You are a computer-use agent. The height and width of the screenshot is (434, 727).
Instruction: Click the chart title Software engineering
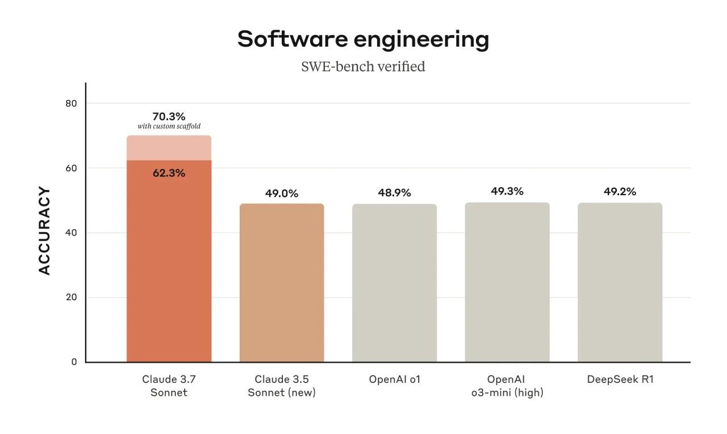tap(363, 39)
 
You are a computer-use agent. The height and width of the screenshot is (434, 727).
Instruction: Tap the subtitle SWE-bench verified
tap(363, 67)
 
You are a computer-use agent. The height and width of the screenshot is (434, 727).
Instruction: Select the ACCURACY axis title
tap(45, 231)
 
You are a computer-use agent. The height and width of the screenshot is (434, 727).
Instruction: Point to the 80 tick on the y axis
tap(70, 104)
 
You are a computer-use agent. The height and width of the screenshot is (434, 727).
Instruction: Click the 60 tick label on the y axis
tap(70, 168)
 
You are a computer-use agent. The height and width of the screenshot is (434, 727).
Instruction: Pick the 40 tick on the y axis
tap(70, 233)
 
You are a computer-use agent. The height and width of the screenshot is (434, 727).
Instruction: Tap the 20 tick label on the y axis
tap(70, 297)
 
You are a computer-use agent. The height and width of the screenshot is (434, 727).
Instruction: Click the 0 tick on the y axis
tap(74, 362)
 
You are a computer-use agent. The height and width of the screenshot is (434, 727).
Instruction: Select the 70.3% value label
tap(169, 116)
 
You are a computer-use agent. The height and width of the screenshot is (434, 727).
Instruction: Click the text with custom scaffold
tap(169, 126)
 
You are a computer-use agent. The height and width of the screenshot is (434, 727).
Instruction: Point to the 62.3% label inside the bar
tap(169, 173)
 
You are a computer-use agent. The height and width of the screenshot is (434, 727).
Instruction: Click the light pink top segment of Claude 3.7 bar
tap(169, 148)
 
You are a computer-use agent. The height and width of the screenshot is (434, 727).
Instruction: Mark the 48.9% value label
tap(394, 193)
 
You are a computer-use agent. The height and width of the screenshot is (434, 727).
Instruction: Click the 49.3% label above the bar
tap(507, 191)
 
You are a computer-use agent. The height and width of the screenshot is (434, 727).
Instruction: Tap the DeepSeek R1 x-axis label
tap(620, 379)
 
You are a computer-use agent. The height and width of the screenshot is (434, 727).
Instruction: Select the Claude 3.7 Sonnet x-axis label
tap(169, 385)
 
